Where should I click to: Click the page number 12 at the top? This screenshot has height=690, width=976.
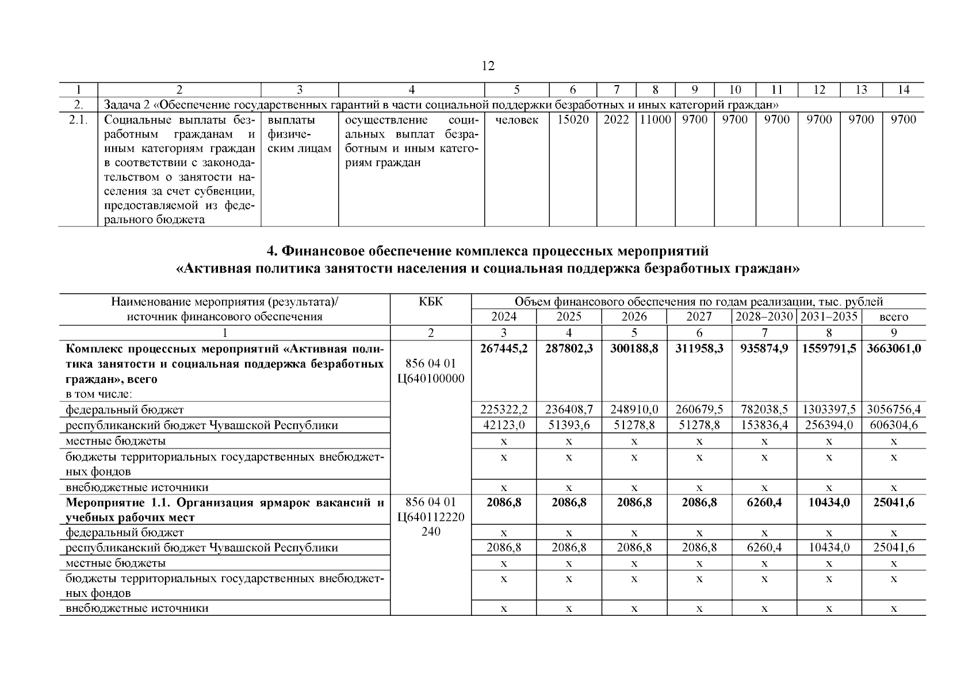[488, 66]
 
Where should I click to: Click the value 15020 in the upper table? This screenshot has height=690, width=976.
[573, 120]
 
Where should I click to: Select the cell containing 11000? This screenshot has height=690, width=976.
[655, 120]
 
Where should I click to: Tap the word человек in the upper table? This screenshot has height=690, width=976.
[516, 120]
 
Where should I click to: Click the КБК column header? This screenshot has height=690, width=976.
[431, 302]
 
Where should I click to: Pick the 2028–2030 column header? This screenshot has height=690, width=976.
[764, 317]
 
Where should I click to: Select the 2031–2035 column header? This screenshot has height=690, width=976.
[829, 317]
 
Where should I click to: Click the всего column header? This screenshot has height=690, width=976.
[894, 317]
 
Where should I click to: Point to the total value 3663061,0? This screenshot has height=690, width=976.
[894, 348]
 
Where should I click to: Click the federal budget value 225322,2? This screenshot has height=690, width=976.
[504, 410]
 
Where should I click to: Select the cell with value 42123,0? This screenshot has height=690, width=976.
[504, 425]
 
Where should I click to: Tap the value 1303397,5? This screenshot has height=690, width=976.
[829, 410]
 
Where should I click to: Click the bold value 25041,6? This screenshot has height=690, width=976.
[894, 503]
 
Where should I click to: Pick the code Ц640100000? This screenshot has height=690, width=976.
[431, 378]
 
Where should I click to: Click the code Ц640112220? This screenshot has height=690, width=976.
[431, 517]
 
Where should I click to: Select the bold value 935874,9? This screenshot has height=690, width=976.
[764, 348]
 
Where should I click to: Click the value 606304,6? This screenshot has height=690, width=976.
[894, 425]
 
